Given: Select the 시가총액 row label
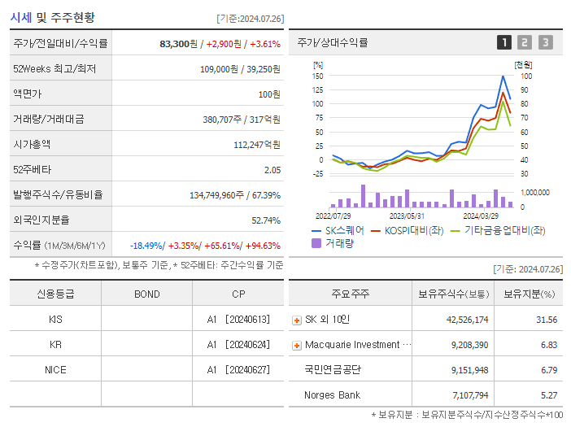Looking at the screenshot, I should pos(32,145).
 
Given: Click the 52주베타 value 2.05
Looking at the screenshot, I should pos(272,170).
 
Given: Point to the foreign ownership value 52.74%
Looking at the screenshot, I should pos(266,220).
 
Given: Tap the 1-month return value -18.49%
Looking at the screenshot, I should pos(146,246).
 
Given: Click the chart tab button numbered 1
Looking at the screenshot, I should pos(504,42).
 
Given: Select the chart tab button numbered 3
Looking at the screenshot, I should pos(545,42).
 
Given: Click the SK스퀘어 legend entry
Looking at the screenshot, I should pos(338,231).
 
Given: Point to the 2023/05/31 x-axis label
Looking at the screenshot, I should pos(407,216).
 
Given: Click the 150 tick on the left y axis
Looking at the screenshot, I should pos(317,76).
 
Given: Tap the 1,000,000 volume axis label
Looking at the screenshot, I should pos(533,193).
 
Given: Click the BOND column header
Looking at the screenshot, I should pos(146,294).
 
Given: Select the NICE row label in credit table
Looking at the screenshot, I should pos(55,369).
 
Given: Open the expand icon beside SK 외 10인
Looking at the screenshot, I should pos(297,320).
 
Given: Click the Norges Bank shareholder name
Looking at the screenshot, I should pos(332,394).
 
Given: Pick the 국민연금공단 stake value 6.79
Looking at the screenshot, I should pos(547,369).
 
